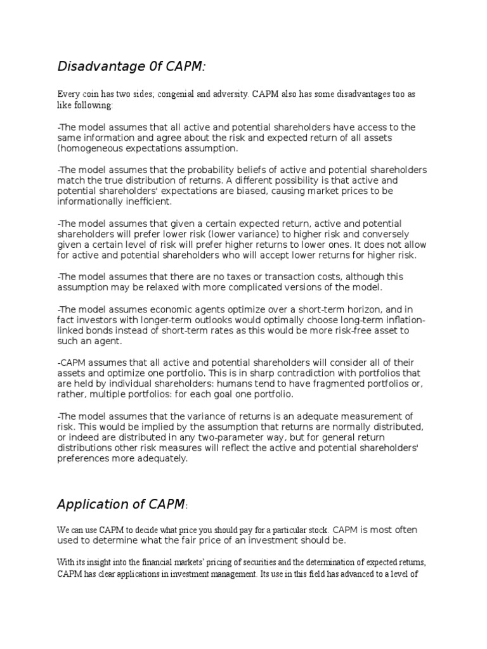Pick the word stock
314,529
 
